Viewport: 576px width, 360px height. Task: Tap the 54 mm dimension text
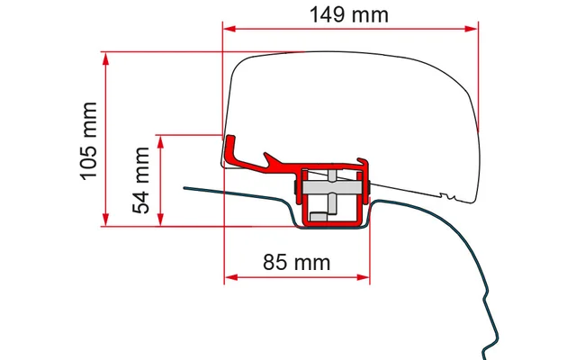(142, 181)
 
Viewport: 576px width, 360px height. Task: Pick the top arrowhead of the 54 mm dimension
(161, 140)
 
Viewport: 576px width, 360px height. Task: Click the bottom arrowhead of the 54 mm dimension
(161, 220)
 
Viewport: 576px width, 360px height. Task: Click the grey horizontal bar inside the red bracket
(333, 190)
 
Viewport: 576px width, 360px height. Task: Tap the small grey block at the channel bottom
(334, 214)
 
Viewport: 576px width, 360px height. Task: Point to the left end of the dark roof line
(185, 189)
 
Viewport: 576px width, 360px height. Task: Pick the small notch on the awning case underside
(447, 194)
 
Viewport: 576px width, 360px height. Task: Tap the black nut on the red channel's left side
(296, 189)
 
